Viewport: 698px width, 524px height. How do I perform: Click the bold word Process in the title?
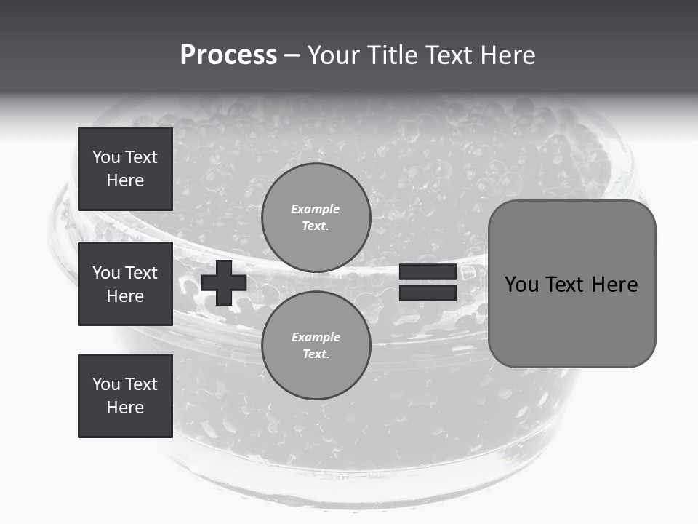pyautogui.click(x=228, y=55)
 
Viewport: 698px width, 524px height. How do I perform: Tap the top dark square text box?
pyautogui.click(x=125, y=169)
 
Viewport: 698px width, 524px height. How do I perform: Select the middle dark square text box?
pyautogui.click(x=125, y=284)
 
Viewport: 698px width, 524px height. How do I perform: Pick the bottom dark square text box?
pyautogui.click(x=125, y=396)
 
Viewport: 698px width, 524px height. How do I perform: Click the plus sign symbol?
pyautogui.click(x=224, y=283)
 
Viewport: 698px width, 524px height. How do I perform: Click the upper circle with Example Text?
pyautogui.click(x=316, y=218)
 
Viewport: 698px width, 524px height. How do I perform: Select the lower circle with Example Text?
pyautogui.click(x=316, y=346)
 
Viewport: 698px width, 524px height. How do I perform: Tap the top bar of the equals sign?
pyautogui.click(x=428, y=272)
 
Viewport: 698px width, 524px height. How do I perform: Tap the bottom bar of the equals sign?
pyautogui.click(x=428, y=293)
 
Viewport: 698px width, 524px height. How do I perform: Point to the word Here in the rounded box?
pyautogui.click(x=614, y=285)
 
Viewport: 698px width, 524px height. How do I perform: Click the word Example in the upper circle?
pyautogui.click(x=316, y=209)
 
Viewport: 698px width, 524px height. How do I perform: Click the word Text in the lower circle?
pyautogui.click(x=315, y=354)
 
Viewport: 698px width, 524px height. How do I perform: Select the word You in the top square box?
pyautogui.click(x=105, y=157)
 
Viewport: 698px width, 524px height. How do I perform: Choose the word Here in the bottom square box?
pyautogui.click(x=125, y=408)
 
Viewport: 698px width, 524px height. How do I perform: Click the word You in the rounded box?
pyautogui.click(x=521, y=285)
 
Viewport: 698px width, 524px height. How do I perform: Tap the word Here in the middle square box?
pyautogui.click(x=125, y=296)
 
